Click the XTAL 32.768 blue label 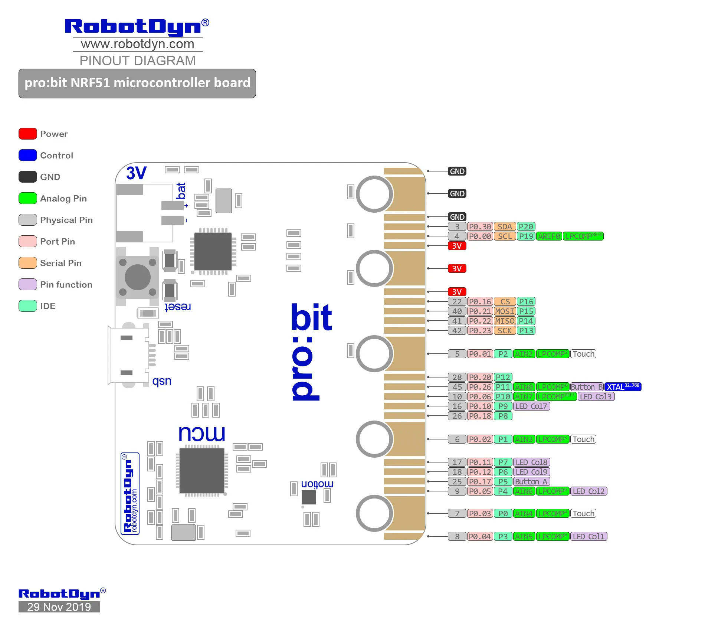[x=623, y=387]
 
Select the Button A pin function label [x=531, y=481]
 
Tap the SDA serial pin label [x=505, y=226]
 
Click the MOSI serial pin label [x=505, y=311]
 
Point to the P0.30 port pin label [x=480, y=226]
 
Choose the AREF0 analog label [x=549, y=236]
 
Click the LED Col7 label [x=531, y=406]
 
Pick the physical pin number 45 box [x=457, y=387]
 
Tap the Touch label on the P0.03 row [x=583, y=513]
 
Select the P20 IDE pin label [x=526, y=226]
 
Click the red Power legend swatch [x=28, y=134]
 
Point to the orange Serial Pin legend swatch [x=28, y=263]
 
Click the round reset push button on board [x=138, y=277]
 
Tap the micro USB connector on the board [x=128, y=355]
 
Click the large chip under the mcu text [x=202, y=470]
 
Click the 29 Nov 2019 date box [x=59, y=607]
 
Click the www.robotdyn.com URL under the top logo [x=137, y=44]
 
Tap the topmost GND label [x=457, y=171]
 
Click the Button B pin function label [x=587, y=387]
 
